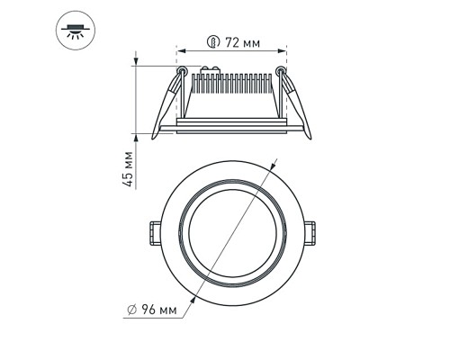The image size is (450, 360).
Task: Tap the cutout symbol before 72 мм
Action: (x=212, y=41)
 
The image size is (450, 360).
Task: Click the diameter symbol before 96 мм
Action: (x=132, y=310)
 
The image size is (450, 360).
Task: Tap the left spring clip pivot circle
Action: (x=182, y=72)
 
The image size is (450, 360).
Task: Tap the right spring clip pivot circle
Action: (x=282, y=72)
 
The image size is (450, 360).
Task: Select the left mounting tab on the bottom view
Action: (x=153, y=231)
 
